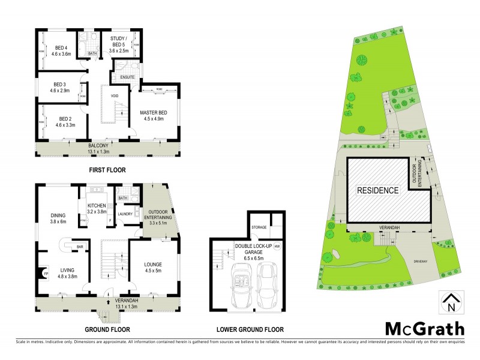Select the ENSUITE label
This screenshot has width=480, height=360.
coord(127,77)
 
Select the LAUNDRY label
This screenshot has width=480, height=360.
coord(125,214)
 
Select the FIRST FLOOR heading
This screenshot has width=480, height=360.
coord(107,170)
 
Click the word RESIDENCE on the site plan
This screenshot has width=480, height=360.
coord(378,191)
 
